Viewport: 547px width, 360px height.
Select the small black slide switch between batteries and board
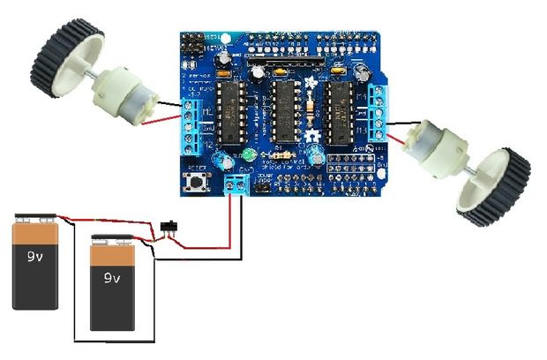tap(172, 229)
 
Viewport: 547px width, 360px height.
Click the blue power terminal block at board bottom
tap(236, 184)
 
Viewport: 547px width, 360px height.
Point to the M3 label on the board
tap(365, 129)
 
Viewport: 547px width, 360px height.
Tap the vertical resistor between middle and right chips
tap(311, 111)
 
